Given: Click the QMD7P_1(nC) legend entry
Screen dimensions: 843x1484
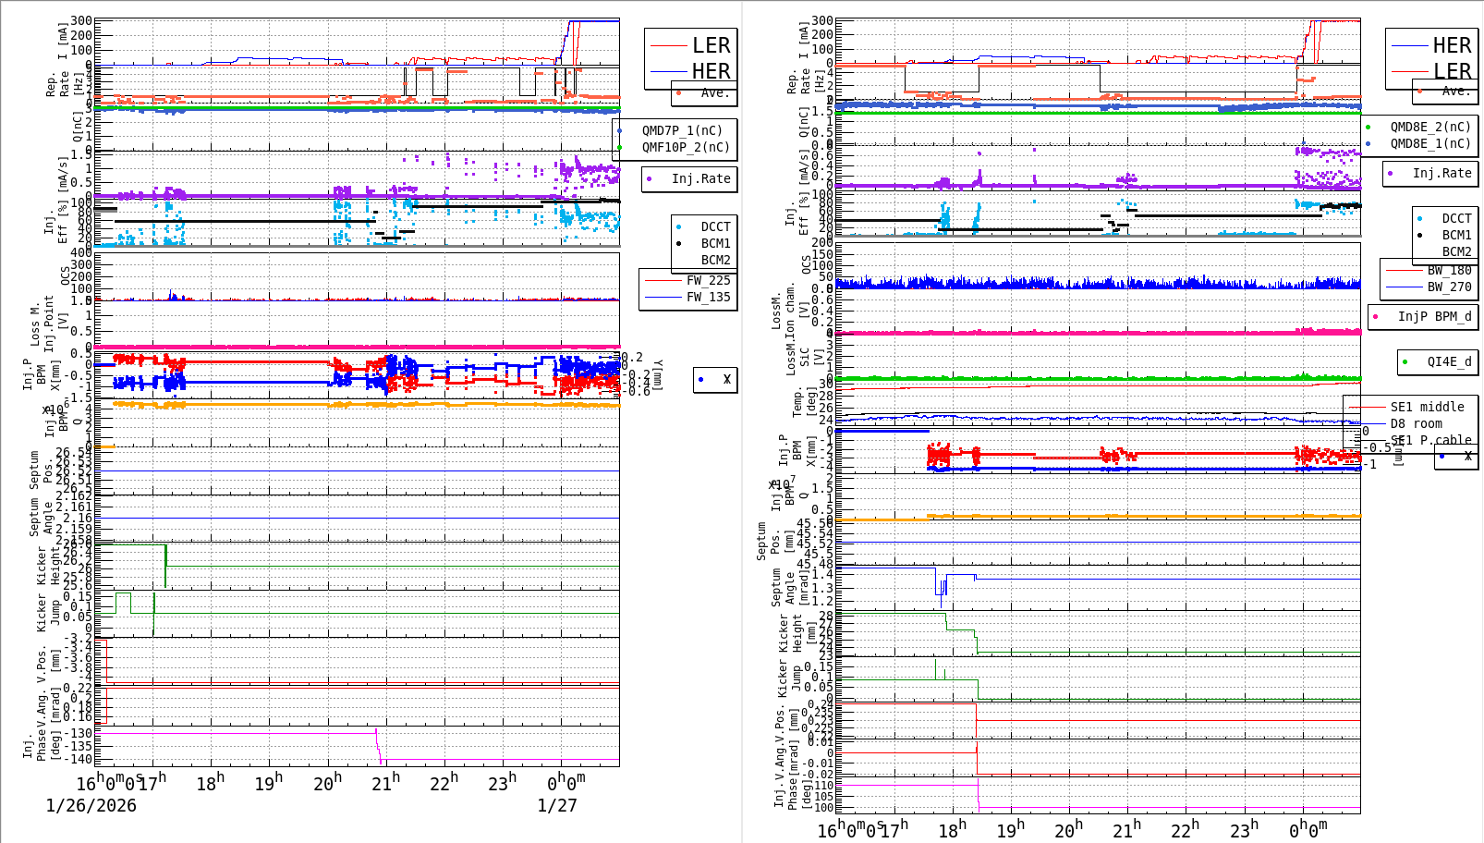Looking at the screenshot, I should click(x=682, y=130).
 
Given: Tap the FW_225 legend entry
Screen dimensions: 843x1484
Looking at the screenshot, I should click(x=708, y=280).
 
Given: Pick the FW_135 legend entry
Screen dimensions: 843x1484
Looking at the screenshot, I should click(x=708, y=297).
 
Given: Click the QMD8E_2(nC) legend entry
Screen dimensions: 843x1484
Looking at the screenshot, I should click(x=1429, y=127).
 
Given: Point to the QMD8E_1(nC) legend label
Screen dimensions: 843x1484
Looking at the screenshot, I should click(x=1429, y=143).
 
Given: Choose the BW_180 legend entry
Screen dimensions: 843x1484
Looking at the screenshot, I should click(x=1449, y=270).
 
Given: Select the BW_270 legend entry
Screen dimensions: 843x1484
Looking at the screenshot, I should click(x=1449, y=287).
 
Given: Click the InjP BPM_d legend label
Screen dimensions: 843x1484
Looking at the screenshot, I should click(x=1434, y=316).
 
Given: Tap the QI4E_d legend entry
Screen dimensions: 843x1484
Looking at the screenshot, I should click(x=1449, y=361).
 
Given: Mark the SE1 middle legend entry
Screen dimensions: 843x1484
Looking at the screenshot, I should click(x=1427, y=407).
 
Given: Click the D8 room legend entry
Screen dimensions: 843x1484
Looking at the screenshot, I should click(x=1427, y=423).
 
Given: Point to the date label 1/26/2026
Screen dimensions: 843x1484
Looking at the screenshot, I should click(x=91, y=805).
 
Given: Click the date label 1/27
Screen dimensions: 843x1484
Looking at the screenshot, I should click(x=557, y=805).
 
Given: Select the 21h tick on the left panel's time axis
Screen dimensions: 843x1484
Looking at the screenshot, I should click(x=385, y=784).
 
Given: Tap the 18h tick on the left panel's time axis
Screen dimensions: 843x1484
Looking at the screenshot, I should click(x=211, y=784).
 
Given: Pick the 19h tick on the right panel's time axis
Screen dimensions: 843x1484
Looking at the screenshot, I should click(x=1010, y=830).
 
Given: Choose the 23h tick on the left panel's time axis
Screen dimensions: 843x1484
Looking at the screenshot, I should click(x=502, y=784).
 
